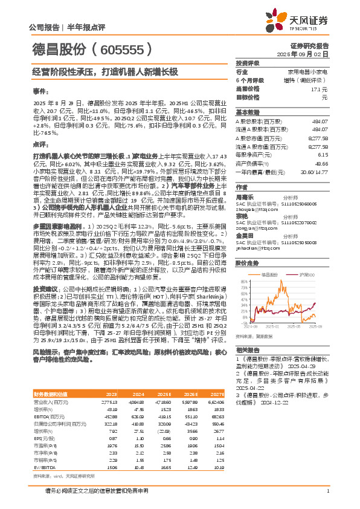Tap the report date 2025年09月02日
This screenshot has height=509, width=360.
coord(310,54)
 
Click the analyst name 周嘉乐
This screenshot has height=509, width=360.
coord(244,196)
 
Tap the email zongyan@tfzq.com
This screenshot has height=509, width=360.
coord(254,229)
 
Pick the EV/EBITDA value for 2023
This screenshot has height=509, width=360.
coord(146,467)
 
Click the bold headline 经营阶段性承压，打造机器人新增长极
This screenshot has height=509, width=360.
coord(106,71)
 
